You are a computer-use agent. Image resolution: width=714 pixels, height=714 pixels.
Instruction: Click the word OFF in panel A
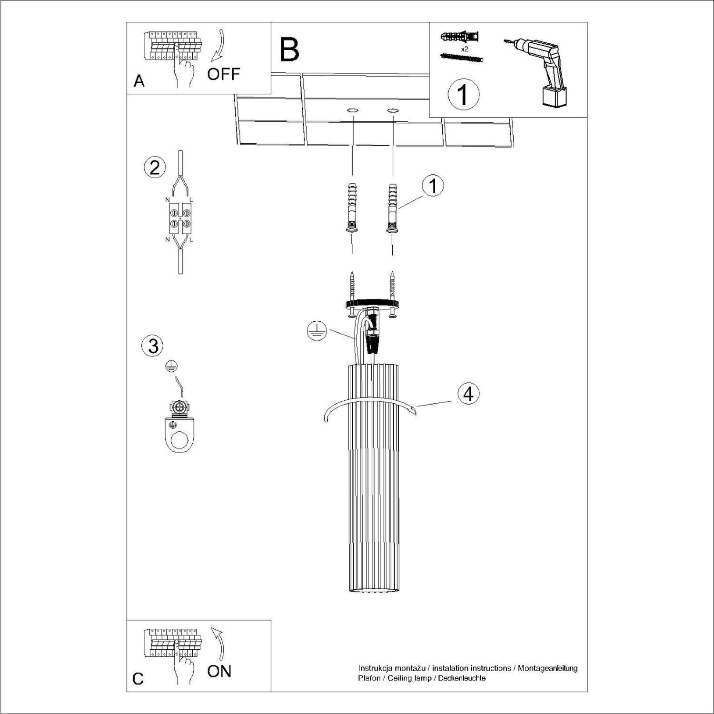point(223,74)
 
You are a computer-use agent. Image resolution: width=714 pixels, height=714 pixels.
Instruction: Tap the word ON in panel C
point(219,672)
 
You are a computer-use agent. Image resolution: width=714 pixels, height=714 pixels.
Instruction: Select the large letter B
point(289,50)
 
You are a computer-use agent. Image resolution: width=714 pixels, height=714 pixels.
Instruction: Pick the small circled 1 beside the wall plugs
point(433,186)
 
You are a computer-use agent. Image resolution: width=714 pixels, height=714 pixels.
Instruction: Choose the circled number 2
point(155,168)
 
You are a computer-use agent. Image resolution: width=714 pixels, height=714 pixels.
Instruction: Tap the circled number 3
point(153,346)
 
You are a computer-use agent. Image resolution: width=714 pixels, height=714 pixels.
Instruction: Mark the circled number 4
point(468,394)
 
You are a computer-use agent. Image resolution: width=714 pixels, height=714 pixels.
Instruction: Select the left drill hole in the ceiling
point(353,110)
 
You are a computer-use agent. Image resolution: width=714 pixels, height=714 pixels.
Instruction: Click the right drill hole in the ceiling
point(393,110)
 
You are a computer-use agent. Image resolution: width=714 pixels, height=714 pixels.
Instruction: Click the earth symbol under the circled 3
point(171,366)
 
